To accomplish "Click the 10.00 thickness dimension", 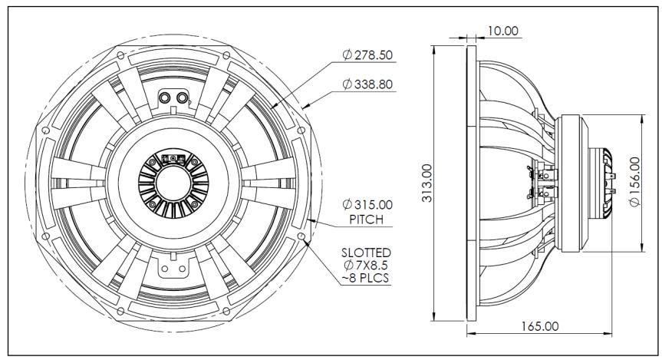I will (502, 31).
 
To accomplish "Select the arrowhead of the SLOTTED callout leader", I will (306, 240).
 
